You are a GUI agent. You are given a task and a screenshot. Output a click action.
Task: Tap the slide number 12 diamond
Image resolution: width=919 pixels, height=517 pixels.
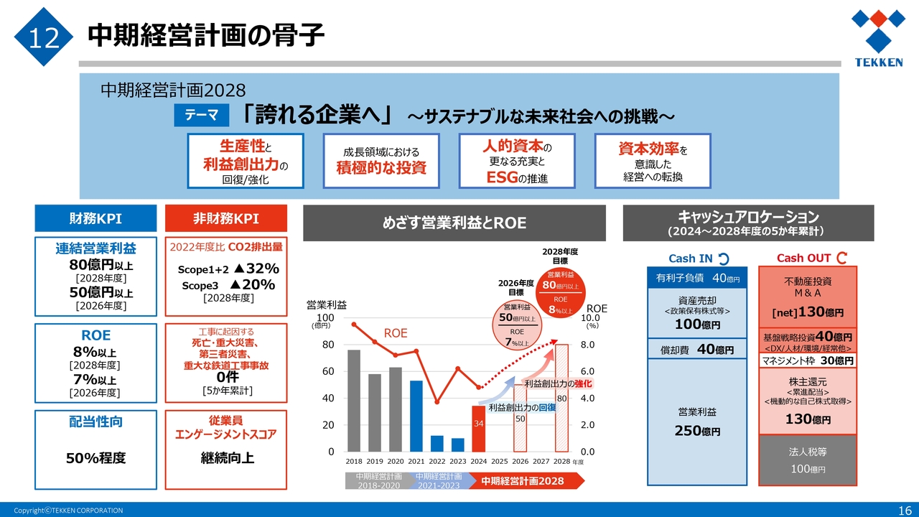[x=44, y=37]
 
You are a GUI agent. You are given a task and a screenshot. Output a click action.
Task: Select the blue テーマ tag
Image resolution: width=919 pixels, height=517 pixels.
[x=202, y=116]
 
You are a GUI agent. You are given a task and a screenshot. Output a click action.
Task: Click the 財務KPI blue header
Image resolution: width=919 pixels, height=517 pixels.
[x=95, y=218]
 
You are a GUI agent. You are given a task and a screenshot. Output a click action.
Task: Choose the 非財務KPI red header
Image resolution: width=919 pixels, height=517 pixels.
[x=226, y=218]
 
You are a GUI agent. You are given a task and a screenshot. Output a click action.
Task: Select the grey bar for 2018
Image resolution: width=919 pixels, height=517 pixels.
[x=354, y=401]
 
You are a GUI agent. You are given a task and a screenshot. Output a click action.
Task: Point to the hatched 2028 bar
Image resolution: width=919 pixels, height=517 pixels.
[x=562, y=398]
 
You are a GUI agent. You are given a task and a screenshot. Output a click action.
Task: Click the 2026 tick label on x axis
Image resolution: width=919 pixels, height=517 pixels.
[x=521, y=462]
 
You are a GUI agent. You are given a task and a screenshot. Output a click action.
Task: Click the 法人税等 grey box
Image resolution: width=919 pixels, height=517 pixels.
[x=808, y=460]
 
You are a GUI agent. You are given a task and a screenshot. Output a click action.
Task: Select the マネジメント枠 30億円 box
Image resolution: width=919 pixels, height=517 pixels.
[x=808, y=360]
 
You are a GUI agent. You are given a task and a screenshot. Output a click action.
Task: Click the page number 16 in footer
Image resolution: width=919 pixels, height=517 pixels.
[x=905, y=510]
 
